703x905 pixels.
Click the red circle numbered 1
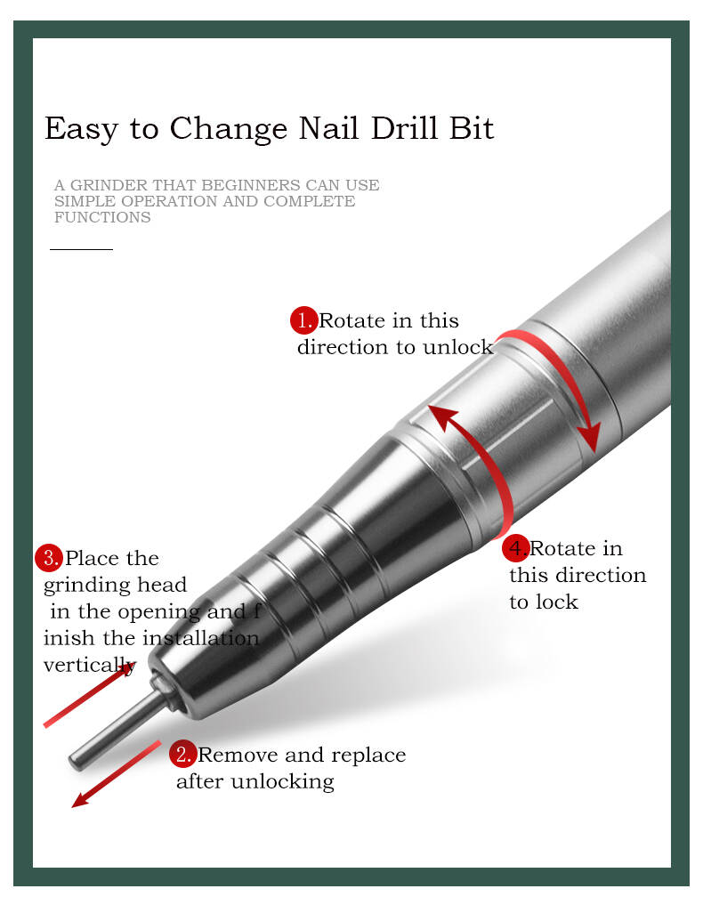[x=303, y=320]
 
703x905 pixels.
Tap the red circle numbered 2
[x=183, y=755]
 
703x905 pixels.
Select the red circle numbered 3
[x=49, y=558]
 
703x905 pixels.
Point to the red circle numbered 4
[x=515, y=548]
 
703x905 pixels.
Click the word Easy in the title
[x=81, y=129]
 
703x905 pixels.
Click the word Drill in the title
[x=403, y=127]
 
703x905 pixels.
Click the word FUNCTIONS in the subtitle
[x=102, y=218]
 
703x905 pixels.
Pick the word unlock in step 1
[x=458, y=347]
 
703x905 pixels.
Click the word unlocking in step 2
[x=283, y=782]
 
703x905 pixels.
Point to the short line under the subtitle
[x=81, y=249]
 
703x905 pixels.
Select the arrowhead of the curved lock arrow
[x=442, y=416]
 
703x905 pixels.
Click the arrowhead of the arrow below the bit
[x=82, y=798]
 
